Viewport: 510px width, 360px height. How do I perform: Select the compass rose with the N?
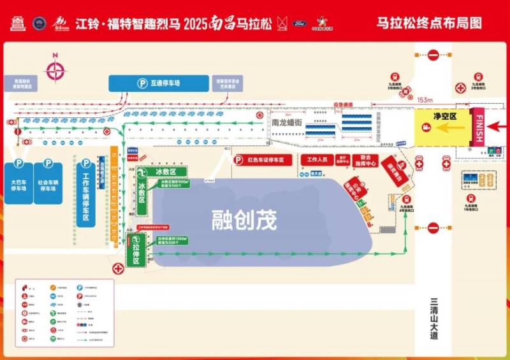(x=55, y=70)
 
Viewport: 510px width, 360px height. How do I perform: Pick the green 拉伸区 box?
(x=136, y=250)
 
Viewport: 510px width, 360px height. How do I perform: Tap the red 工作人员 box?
(x=317, y=159)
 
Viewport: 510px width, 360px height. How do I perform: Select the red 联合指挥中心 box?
(x=365, y=159)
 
